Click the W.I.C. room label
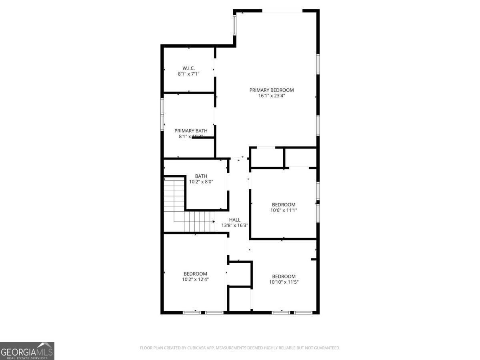point(188,68)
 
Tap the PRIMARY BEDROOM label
point(272,90)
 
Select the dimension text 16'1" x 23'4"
point(272,96)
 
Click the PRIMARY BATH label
point(191,131)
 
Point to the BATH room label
point(201,176)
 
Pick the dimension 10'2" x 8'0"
point(201,182)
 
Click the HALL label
point(235,220)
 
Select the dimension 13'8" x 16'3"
point(235,225)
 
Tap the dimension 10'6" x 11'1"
point(284,210)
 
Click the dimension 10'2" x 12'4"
point(195,279)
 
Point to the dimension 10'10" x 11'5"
point(284,282)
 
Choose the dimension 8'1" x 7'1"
point(188,74)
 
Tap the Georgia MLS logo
point(27,351)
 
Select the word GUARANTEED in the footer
point(324,348)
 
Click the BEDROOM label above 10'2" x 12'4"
point(195,274)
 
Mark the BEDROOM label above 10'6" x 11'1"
point(284,204)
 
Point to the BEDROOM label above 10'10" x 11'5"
point(284,276)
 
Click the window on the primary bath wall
point(162,114)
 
